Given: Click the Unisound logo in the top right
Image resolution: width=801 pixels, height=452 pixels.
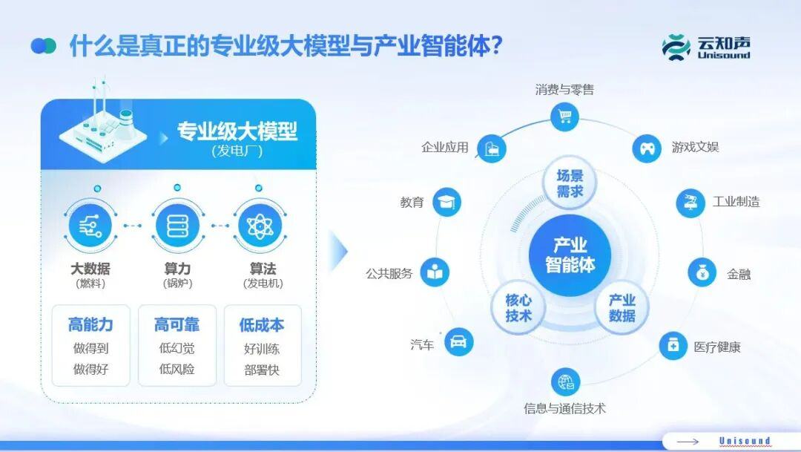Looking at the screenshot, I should pos(705,47).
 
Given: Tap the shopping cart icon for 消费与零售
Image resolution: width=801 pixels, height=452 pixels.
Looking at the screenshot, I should pos(565,117).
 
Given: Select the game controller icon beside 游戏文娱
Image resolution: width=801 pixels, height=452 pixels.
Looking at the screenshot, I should pos(647,148).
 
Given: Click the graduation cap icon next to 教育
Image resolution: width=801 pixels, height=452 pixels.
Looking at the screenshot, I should pos(446,202).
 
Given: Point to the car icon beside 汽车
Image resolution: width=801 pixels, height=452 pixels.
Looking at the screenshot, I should pos(458,342).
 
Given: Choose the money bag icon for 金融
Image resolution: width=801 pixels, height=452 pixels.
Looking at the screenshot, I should pos(702,273).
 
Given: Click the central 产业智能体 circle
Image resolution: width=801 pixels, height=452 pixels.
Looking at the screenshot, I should pos(570,255).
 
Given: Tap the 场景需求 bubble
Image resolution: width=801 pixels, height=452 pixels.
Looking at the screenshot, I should pos(570,183).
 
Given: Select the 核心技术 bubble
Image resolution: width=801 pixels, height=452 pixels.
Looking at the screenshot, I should pos(518,308).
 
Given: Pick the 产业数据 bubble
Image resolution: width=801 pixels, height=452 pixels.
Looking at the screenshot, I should pos(622,308).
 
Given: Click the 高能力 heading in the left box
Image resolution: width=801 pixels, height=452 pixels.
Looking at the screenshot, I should pos(90,325).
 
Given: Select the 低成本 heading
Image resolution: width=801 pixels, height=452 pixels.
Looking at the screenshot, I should pos(262,325).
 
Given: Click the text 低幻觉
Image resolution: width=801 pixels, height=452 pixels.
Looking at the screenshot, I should pos(177,348).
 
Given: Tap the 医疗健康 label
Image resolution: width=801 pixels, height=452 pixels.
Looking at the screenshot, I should pos(716,347).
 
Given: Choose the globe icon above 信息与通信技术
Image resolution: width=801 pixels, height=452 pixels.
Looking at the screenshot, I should pos(565,383).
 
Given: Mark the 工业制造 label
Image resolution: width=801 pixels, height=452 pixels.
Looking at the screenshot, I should pos(736,202).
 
